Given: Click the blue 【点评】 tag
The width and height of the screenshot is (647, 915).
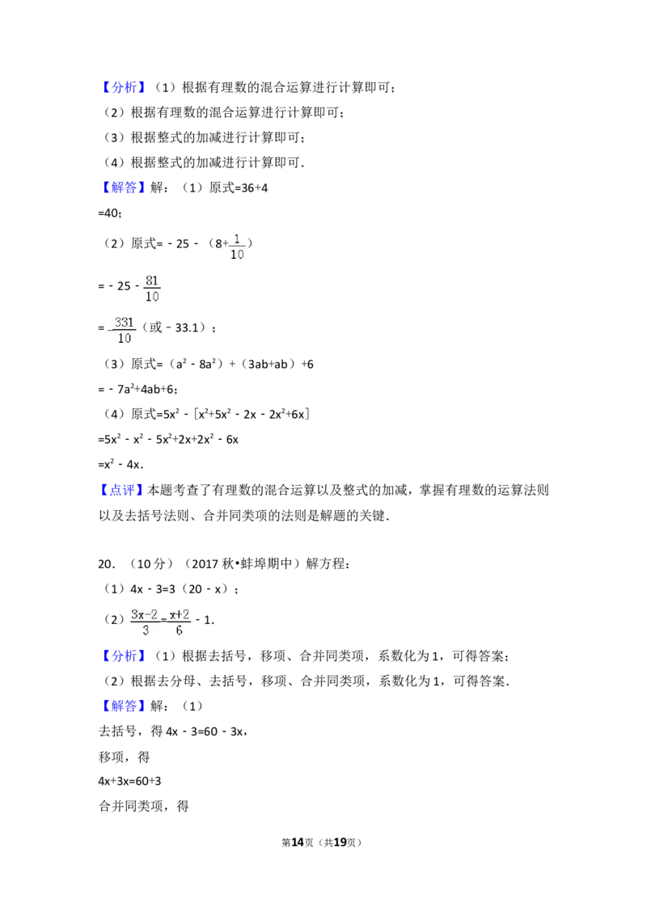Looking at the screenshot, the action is click(121, 490).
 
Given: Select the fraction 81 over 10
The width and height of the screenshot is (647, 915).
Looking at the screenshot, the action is click(152, 289).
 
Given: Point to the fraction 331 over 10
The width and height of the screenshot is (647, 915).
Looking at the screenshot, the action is click(124, 331).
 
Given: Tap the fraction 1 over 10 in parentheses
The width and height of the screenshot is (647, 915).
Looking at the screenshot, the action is click(237, 247).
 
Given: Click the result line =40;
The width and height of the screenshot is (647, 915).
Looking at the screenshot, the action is click(110, 213).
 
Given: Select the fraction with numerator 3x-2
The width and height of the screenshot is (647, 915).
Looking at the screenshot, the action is click(145, 622).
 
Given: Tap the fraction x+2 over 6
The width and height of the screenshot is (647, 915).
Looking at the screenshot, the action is click(180, 622).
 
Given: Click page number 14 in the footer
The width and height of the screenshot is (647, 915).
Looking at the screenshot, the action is click(298, 842).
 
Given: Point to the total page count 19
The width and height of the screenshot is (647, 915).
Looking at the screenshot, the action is click(340, 842).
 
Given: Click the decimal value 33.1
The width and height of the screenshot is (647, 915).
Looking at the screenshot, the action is click(187, 328).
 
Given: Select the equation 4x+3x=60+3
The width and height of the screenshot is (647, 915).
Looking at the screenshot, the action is click(129, 781).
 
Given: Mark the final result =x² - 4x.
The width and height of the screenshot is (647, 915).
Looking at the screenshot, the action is click(121, 465).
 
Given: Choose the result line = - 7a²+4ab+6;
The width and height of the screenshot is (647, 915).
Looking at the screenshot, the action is click(137, 389).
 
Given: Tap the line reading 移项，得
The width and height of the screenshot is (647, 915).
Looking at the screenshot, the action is click(125, 757).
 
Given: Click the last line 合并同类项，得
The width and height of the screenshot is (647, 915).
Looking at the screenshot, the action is click(144, 806).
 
